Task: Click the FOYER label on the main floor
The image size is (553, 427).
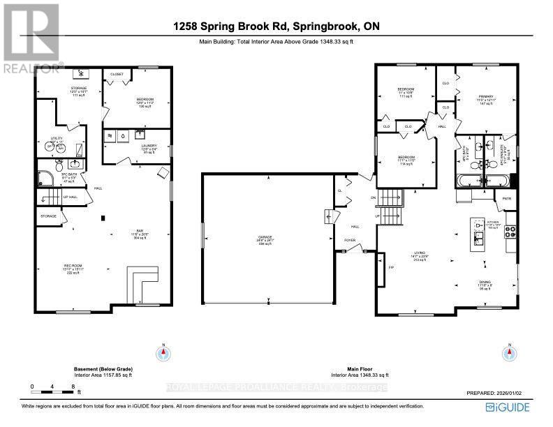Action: [350, 240]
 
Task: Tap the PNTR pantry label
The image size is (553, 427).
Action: [508, 198]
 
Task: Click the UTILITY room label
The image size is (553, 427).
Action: [57, 138]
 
